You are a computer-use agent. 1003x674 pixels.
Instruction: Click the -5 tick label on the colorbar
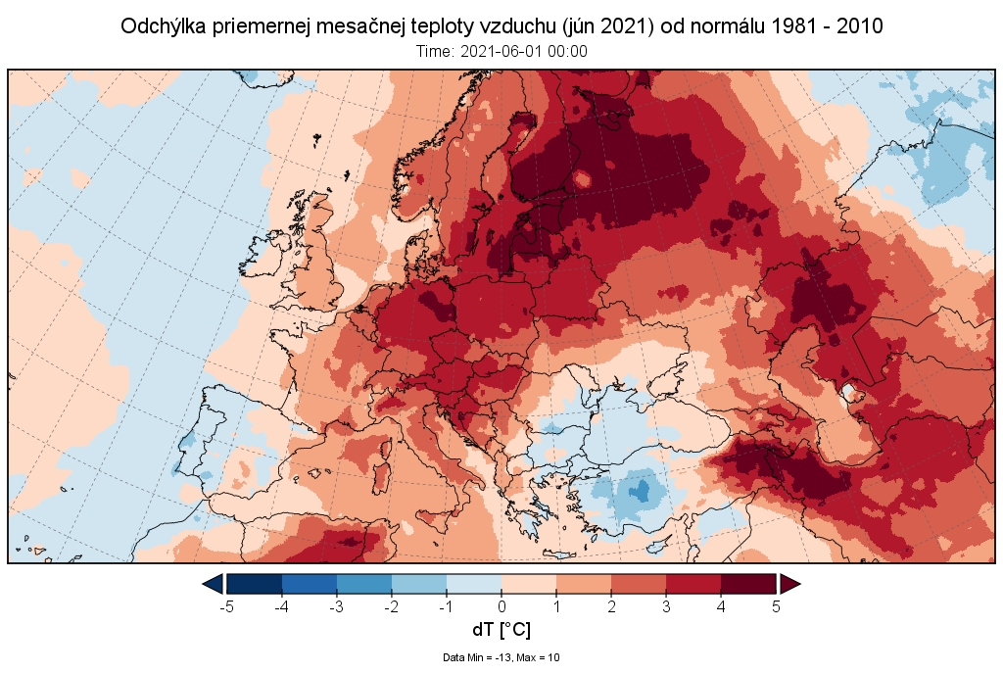pos(225,606)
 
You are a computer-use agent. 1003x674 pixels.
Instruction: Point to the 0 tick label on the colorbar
pos(501,606)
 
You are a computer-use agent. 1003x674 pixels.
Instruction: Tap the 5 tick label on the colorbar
pos(776,606)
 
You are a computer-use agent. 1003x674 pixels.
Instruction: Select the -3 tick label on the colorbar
pos(336,606)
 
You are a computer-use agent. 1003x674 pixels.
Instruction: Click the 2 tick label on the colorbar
pos(611,606)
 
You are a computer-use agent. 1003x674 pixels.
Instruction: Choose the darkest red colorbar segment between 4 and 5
pos(748,584)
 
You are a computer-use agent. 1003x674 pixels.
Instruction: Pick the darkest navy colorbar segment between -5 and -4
pos(255,584)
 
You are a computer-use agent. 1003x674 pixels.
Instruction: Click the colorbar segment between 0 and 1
pos(529,584)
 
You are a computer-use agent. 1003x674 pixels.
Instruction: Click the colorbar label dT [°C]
pos(501,629)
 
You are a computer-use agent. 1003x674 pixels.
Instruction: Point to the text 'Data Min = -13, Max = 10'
pos(501,657)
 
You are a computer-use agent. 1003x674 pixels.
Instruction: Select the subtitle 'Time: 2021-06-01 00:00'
pos(501,52)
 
